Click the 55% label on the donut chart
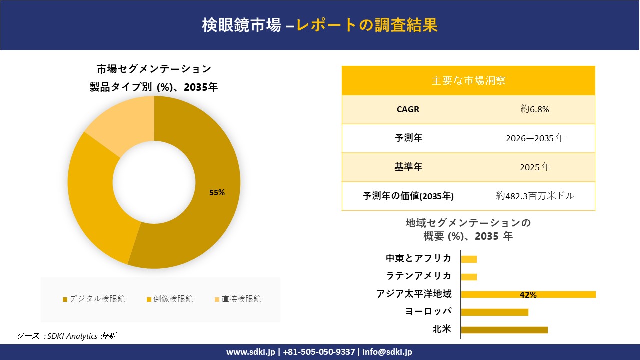pyautogui.click(x=217, y=193)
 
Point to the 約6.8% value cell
pyautogui.click(x=534, y=109)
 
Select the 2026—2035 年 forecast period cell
pyautogui.click(x=534, y=138)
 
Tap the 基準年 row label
pyautogui.click(x=408, y=167)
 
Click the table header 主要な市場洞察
pyautogui.click(x=468, y=80)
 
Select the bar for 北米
pyautogui.click(x=504, y=330)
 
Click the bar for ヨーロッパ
pyautogui.click(x=494, y=312)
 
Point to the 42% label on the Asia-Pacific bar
pyautogui.click(x=528, y=295)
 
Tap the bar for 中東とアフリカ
pyautogui.click(x=469, y=259)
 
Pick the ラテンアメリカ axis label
pyautogui.click(x=418, y=276)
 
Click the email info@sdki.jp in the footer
pyautogui.click(x=388, y=352)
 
